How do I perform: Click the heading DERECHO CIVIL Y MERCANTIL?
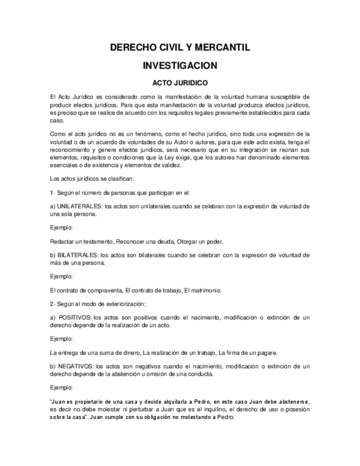click(180, 48)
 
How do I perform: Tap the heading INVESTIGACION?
click(180, 66)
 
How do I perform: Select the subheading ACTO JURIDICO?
click(180, 84)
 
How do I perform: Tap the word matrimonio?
click(206, 291)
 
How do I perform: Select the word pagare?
click(268, 353)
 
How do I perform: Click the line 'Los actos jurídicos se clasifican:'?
click(88, 179)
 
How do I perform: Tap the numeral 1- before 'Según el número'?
click(53, 192)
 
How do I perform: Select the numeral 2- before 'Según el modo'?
click(53, 304)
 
